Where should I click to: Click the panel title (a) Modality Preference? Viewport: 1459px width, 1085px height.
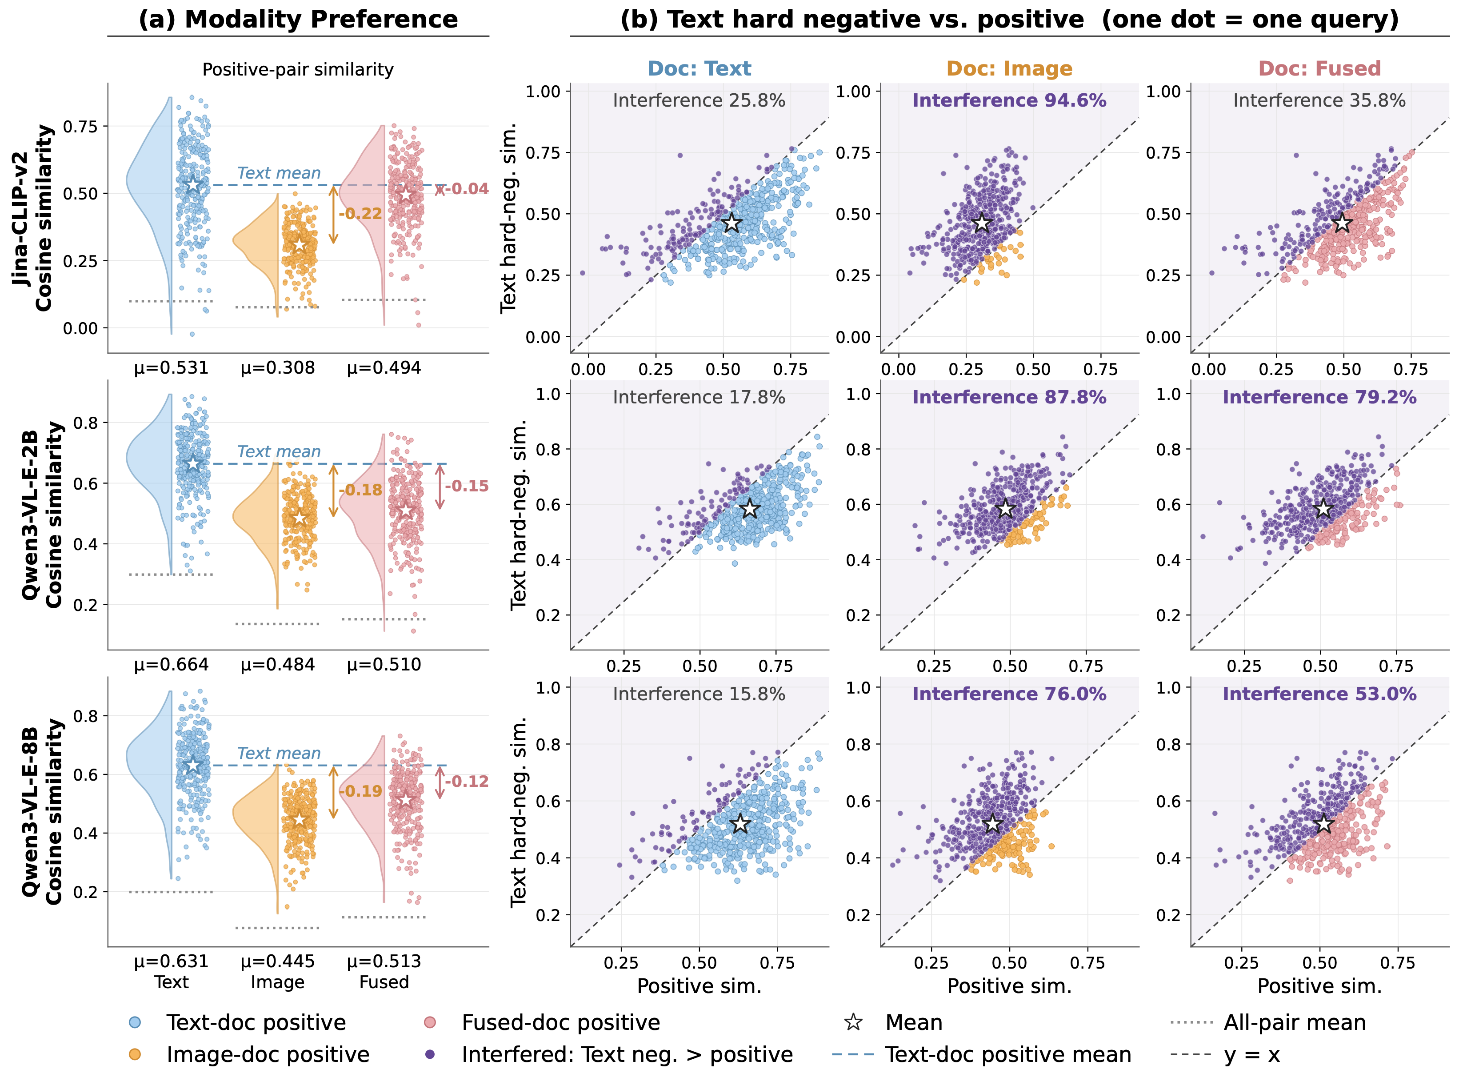point(298,19)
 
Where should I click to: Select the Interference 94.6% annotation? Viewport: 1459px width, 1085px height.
point(1009,100)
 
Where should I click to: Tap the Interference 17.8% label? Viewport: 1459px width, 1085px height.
point(699,397)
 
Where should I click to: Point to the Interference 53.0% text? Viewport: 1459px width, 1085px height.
point(1319,694)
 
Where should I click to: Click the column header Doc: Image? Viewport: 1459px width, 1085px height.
point(1009,68)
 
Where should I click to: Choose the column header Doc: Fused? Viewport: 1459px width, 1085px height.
point(1319,68)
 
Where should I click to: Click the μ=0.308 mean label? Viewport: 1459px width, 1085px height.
point(278,368)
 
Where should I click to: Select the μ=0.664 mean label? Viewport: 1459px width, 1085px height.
point(172,665)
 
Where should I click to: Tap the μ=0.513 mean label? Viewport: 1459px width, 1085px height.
point(384,961)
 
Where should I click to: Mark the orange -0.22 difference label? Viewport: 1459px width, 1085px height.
point(361,213)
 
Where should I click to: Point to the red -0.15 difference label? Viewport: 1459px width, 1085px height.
point(466,486)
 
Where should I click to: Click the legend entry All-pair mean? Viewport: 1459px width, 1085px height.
point(1268,1023)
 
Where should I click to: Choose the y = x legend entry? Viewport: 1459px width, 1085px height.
point(1225,1055)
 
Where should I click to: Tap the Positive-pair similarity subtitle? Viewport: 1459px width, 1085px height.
point(298,70)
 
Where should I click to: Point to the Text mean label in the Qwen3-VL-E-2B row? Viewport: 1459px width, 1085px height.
point(279,452)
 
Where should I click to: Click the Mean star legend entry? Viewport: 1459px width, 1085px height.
point(893,1023)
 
